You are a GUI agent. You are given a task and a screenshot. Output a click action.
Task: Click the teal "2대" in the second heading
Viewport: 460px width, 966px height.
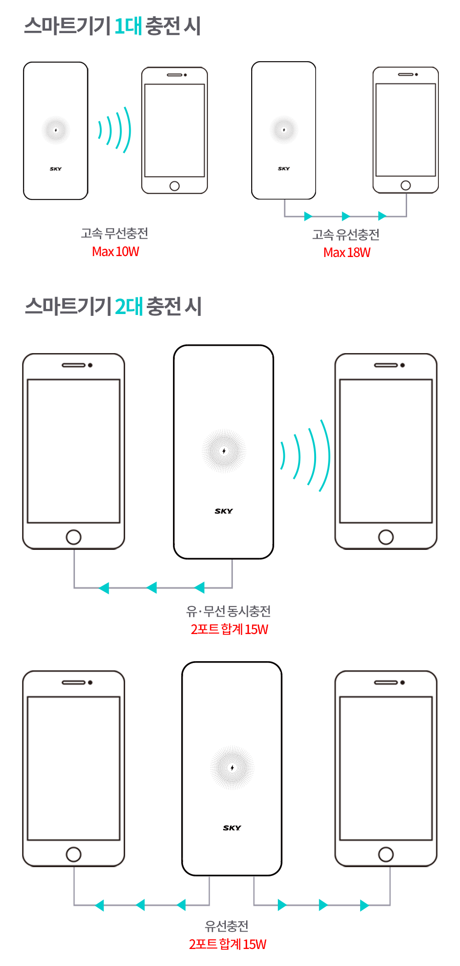129,307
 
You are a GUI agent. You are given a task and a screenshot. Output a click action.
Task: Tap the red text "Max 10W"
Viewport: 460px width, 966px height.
115,252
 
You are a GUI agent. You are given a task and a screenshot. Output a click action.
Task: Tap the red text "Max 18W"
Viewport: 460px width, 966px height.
347,253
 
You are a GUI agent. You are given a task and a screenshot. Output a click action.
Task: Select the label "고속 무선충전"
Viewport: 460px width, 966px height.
115,234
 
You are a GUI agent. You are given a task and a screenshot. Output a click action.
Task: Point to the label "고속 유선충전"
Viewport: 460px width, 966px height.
346,235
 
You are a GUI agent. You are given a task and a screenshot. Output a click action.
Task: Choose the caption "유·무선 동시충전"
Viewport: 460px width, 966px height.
228,612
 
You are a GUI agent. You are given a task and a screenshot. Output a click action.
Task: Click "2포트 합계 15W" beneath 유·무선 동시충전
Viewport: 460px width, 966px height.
229,629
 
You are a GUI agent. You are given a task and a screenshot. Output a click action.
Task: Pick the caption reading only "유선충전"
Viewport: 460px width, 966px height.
226,926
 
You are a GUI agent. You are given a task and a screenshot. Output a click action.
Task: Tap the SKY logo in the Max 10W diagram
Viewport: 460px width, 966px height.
56,169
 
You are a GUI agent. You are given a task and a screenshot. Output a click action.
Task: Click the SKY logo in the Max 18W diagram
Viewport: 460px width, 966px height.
284,169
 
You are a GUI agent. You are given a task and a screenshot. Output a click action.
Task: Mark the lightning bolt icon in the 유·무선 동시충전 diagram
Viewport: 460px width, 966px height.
224,451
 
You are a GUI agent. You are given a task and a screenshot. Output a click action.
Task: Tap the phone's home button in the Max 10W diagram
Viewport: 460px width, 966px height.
174,186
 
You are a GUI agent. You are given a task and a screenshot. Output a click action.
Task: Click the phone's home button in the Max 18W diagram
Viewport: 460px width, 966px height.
405,185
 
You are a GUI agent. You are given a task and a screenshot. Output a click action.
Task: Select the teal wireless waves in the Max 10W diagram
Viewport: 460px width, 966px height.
115,130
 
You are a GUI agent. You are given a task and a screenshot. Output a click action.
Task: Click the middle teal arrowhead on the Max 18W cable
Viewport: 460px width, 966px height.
345,216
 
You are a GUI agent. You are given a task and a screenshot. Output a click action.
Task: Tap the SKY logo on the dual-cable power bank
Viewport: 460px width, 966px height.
232,828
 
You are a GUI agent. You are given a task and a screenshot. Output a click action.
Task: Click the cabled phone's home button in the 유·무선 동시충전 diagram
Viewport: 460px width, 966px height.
74,537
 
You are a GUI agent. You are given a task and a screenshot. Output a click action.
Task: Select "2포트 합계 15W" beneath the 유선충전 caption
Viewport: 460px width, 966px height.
228,944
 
